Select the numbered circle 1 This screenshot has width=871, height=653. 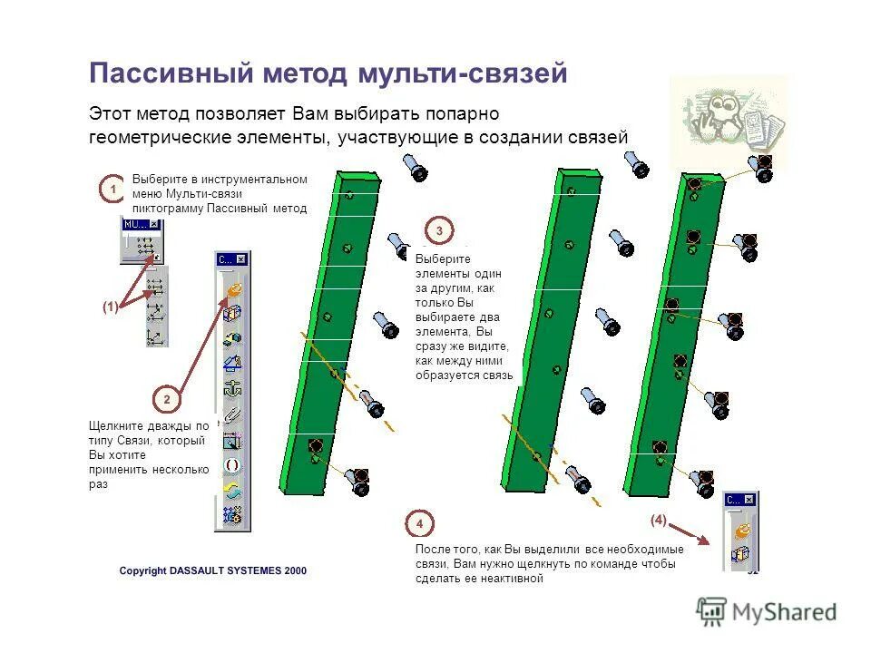pyautogui.click(x=112, y=190)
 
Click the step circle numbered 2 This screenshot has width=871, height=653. pyautogui.click(x=166, y=398)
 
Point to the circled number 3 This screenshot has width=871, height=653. pyautogui.click(x=439, y=230)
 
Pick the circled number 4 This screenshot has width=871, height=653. pyautogui.click(x=420, y=524)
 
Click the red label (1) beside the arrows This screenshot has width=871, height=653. pyautogui.click(x=110, y=307)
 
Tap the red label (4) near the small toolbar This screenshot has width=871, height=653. pyautogui.click(x=658, y=521)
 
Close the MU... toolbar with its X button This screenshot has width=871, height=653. pyautogui.click(x=154, y=224)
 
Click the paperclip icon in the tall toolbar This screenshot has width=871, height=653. pyautogui.click(x=232, y=415)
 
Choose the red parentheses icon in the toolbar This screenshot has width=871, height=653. pyautogui.click(x=232, y=465)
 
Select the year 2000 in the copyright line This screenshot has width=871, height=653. pyautogui.click(x=295, y=570)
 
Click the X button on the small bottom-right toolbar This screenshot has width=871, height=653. pyautogui.click(x=749, y=500)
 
